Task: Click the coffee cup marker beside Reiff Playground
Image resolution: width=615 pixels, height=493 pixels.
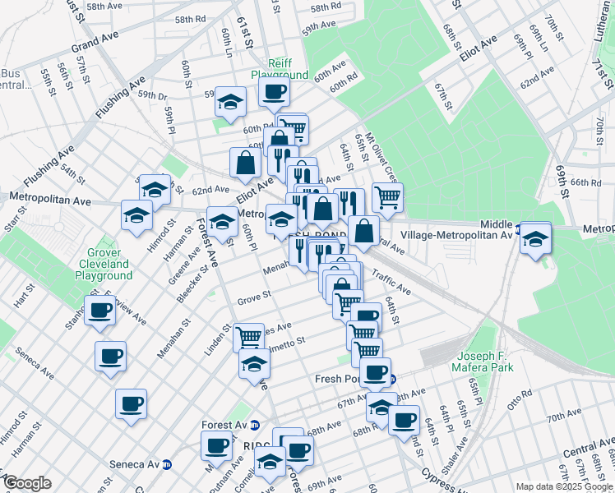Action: click(x=275, y=91)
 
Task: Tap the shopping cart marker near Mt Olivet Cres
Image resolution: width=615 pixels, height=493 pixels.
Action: click(x=387, y=196)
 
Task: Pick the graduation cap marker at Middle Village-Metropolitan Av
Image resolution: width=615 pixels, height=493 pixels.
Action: click(x=535, y=240)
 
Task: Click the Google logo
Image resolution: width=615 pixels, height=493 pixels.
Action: click(x=27, y=483)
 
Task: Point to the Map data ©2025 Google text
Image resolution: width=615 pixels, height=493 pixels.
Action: click(x=564, y=486)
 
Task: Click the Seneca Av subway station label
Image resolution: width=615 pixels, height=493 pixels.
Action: click(x=135, y=464)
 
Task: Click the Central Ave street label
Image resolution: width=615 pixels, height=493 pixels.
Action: click(x=588, y=449)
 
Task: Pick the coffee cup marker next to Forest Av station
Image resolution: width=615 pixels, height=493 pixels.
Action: click(x=217, y=445)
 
